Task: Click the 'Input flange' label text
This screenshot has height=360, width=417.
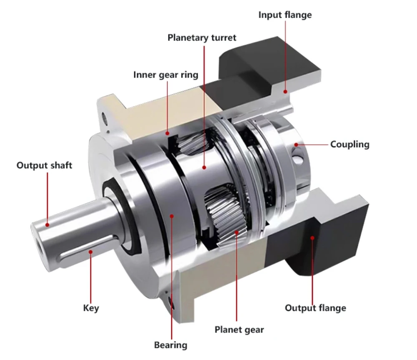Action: [285, 15]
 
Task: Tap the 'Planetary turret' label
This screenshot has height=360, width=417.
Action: [202, 38]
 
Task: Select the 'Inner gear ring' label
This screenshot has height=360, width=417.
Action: [166, 75]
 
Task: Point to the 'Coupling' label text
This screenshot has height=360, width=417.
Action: [350, 144]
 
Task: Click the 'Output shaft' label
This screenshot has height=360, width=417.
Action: [45, 165]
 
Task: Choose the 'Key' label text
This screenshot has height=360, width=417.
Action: [91, 308]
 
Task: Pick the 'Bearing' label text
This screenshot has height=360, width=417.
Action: [171, 345]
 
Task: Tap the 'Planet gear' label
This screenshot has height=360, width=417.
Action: [239, 330]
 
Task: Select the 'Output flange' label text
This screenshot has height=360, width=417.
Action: [315, 308]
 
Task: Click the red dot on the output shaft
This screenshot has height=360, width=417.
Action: [48, 225]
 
